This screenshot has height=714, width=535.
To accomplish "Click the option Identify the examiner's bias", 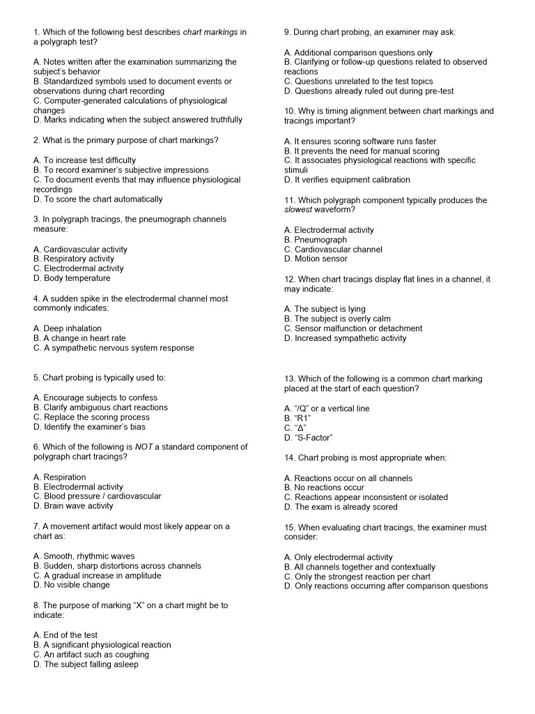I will [89, 427].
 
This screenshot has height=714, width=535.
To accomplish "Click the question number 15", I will [289, 528].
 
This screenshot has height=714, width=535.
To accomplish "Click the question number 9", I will [287, 32].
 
